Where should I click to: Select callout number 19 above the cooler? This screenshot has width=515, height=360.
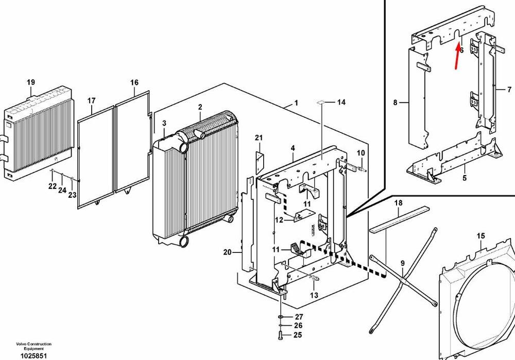31,82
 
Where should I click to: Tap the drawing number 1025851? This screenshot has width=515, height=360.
34,356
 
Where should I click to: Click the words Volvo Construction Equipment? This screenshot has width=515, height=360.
34,346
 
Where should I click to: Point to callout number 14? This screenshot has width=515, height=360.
341,102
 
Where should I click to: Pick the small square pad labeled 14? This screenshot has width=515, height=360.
321,102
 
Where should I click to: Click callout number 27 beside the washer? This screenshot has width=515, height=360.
299,317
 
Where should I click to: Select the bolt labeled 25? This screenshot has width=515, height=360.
280,335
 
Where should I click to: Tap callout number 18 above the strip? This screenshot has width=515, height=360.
399,203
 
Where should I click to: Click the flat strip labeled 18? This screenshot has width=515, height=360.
400,219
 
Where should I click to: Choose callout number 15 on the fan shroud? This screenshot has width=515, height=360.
481,236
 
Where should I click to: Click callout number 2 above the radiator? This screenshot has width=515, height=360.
200,107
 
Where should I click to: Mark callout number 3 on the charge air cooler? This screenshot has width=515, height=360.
164,123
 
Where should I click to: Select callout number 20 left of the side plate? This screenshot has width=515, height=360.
227,252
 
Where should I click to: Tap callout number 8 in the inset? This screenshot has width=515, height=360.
395,102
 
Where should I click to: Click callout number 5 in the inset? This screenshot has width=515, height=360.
465,178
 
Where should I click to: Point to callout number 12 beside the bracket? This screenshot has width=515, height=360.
279,220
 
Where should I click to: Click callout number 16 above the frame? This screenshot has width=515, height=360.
134,82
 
